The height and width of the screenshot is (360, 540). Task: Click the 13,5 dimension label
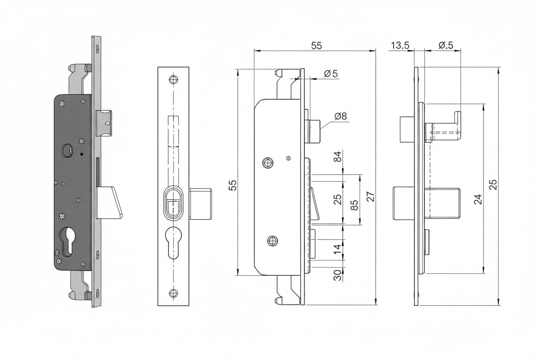click(400, 45)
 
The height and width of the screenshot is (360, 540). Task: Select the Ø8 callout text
click(341, 116)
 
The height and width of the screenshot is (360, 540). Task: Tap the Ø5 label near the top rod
click(331, 74)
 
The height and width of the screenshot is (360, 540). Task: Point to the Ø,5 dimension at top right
click(446, 45)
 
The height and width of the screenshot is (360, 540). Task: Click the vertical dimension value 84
click(338, 157)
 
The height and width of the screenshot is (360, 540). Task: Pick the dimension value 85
click(354, 205)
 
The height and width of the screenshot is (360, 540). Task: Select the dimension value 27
click(370, 196)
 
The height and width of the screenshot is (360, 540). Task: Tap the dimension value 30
click(337, 275)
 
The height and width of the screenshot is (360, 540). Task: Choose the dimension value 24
click(478, 199)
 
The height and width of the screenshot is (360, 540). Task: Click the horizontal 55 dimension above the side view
click(316, 45)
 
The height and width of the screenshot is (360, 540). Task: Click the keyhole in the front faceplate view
click(174, 243)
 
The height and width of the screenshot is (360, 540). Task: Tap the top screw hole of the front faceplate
click(174, 79)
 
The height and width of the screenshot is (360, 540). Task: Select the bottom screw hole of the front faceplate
click(174, 293)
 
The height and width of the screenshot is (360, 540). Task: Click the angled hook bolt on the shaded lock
click(109, 202)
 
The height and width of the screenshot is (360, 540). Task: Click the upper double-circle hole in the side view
click(267, 163)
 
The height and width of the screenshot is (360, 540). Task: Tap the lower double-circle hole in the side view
click(273, 241)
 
